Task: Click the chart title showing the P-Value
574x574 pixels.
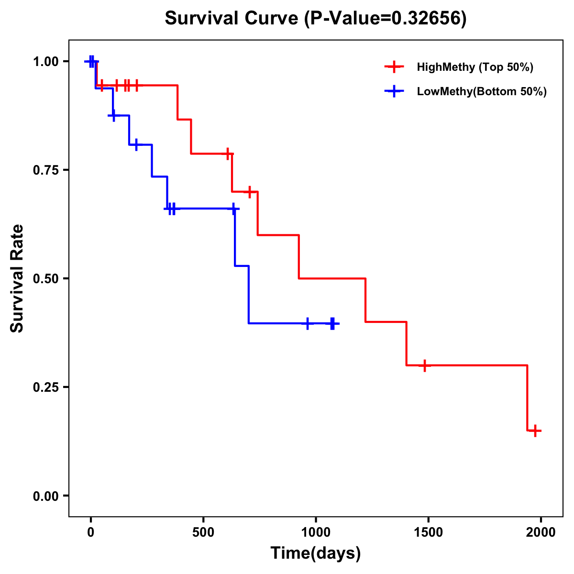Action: pyautogui.click(x=315, y=18)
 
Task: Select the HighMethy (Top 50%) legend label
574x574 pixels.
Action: pyautogui.click(x=475, y=67)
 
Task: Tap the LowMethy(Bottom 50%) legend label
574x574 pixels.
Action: pyautogui.click(x=482, y=91)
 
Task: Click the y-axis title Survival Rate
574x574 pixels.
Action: pyautogui.click(x=17, y=278)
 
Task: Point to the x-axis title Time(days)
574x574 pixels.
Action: pyautogui.click(x=316, y=553)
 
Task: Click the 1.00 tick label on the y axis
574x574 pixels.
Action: pyautogui.click(x=45, y=62)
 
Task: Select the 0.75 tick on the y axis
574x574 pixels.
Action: pyautogui.click(x=45, y=170)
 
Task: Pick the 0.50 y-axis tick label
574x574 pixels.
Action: pyautogui.click(x=45, y=279)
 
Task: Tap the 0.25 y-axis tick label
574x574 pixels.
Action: pyautogui.click(x=45, y=387)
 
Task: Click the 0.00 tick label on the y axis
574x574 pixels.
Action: pyautogui.click(x=45, y=496)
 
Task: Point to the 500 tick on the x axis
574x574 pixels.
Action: pyautogui.click(x=203, y=532)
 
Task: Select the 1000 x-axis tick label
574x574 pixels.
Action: pyautogui.click(x=316, y=532)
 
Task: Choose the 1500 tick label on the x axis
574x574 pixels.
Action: pyautogui.click(x=428, y=532)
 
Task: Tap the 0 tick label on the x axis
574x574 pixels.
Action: pyautogui.click(x=91, y=532)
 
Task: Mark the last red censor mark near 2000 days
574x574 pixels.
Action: pyautogui.click(x=535, y=430)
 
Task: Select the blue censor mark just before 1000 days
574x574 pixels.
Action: pyautogui.click(x=308, y=323)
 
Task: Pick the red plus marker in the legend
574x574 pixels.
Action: pyautogui.click(x=394, y=67)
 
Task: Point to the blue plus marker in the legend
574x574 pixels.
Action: pyautogui.click(x=394, y=91)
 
